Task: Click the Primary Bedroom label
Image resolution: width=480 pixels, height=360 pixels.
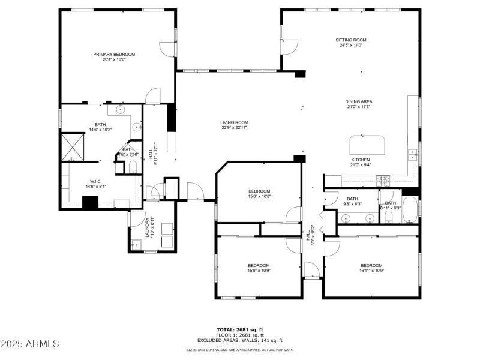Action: (x=114, y=54)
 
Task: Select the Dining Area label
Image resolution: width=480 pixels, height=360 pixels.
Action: (x=358, y=101)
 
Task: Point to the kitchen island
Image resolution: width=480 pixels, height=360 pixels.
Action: (x=367, y=145)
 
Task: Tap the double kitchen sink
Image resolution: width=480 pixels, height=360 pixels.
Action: (x=413, y=155)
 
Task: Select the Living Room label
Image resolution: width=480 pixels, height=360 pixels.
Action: (x=234, y=122)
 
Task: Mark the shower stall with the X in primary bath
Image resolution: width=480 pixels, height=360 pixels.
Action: (x=73, y=145)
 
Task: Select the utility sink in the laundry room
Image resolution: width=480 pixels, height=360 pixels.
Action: (x=136, y=243)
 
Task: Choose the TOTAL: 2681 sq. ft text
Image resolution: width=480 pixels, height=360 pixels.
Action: (x=239, y=329)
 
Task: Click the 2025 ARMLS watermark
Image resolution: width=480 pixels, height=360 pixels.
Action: (x=30, y=344)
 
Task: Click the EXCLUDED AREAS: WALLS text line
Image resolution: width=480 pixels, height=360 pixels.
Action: (x=239, y=340)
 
